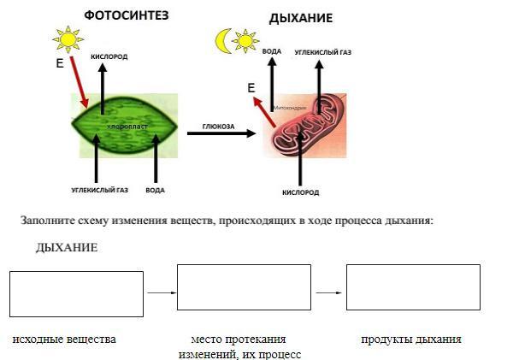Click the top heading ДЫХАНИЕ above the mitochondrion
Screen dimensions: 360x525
point(300,18)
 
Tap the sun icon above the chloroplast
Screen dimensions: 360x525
point(67,39)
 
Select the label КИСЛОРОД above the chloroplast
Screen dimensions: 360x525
point(109,57)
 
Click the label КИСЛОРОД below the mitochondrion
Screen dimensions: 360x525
point(300,192)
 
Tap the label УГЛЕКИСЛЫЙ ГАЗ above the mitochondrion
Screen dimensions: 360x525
point(322,52)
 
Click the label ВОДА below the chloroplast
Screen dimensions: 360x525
point(155,190)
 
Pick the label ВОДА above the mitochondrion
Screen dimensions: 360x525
point(272,52)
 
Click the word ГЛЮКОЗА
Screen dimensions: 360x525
point(217,125)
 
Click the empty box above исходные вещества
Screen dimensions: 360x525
point(76,293)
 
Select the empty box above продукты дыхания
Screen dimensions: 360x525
point(412,287)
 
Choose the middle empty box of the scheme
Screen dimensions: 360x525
point(244,287)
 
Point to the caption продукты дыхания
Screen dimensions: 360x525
point(410,339)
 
